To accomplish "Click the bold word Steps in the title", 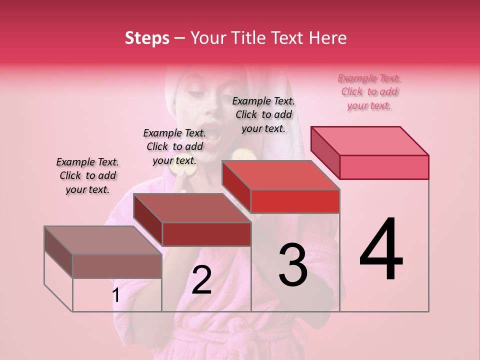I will pyautogui.click(x=146, y=38).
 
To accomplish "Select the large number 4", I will pyautogui.click(x=381, y=250).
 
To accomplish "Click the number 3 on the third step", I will pyautogui.click(x=292, y=265).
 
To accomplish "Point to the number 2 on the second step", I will pyautogui.click(x=201, y=280).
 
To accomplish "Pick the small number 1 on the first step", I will pyautogui.click(x=115, y=295).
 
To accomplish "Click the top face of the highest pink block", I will pyautogui.click(x=370, y=140).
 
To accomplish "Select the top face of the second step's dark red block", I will pyautogui.click(x=192, y=208).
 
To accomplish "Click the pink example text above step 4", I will pyautogui.click(x=369, y=91).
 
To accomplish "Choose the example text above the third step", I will pyautogui.click(x=263, y=114).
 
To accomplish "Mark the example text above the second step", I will pyautogui.click(x=174, y=146).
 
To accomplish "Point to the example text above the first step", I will pyautogui.click(x=87, y=175).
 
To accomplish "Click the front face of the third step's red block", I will pyautogui.click(x=295, y=201).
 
